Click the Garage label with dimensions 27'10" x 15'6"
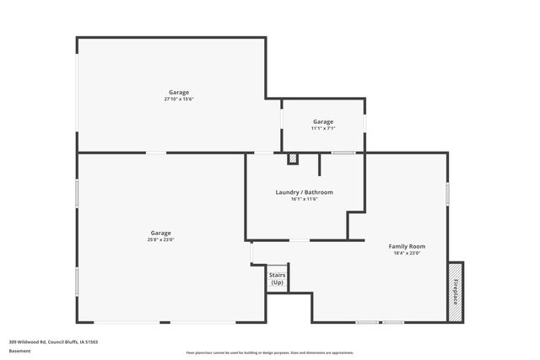[x=179, y=93]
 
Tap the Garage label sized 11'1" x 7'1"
[x=323, y=122]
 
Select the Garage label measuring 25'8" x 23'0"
[x=161, y=234]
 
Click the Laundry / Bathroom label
[x=304, y=192]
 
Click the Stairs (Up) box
[x=277, y=279]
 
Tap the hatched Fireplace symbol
[x=456, y=290]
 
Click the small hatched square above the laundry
[x=292, y=158]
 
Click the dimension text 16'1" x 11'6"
[x=304, y=199]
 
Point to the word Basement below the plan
[x=19, y=351]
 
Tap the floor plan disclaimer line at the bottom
[x=270, y=352]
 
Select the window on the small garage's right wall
[x=364, y=123]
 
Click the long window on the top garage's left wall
[x=78, y=94]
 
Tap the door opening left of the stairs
[x=251, y=254]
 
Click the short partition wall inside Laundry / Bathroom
[x=320, y=164]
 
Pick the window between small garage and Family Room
[x=343, y=153]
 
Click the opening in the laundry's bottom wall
[x=300, y=240]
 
